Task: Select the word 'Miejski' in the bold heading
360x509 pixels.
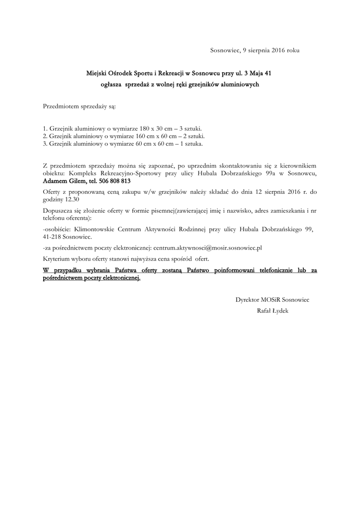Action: point(97,73)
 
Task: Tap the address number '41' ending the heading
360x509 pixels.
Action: point(267,73)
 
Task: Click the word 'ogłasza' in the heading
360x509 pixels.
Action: point(110,85)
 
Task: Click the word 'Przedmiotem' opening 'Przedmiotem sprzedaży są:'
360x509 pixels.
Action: point(60,106)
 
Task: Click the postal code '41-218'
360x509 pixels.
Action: point(53,238)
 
